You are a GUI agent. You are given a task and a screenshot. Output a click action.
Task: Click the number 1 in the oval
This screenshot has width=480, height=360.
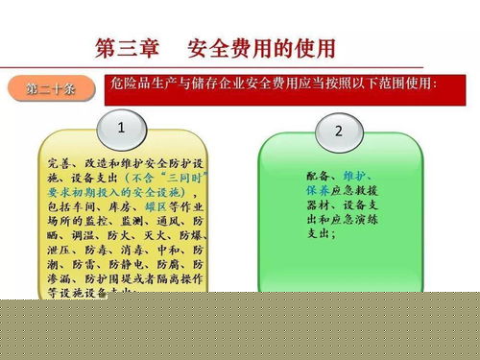[x=119, y=129]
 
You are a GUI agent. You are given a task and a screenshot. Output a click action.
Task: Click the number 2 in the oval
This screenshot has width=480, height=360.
[x=337, y=131]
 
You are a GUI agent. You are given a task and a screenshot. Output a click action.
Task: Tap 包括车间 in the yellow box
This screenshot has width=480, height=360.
[x=67, y=205]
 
